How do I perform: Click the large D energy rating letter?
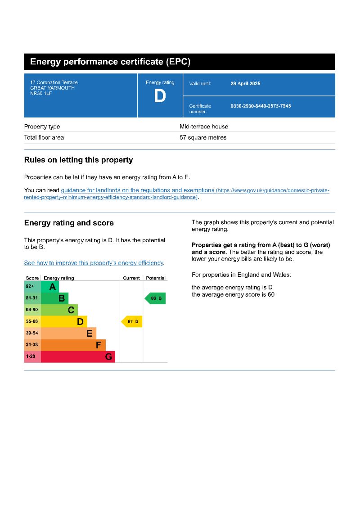click(x=160, y=96)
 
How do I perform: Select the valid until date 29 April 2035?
click(x=245, y=84)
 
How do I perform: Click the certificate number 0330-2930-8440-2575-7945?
click(x=261, y=106)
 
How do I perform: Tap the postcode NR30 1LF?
click(x=38, y=93)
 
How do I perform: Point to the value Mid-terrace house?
click(x=204, y=127)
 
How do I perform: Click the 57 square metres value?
click(x=203, y=138)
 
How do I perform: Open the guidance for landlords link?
click(x=137, y=190)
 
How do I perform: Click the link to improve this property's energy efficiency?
click(x=94, y=263)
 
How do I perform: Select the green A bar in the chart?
click(x=50, y=287)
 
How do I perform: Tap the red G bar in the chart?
click(x=78, y=357)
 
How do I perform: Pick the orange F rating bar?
click(x=73, y=345)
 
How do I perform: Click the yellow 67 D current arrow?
click(x=132, y=321)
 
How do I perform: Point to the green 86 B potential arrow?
click(x=155, y=298)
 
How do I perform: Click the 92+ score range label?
click(x=30, y=286)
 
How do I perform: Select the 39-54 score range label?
click(x=32, y=333)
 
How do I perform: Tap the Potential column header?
click(x=156, y=278)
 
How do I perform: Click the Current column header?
click(x=131, y=278)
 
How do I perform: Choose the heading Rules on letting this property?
click(x=78, y=160)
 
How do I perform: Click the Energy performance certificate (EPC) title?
click(x=110, y=62)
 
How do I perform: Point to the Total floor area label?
click(x=44, y=138)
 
